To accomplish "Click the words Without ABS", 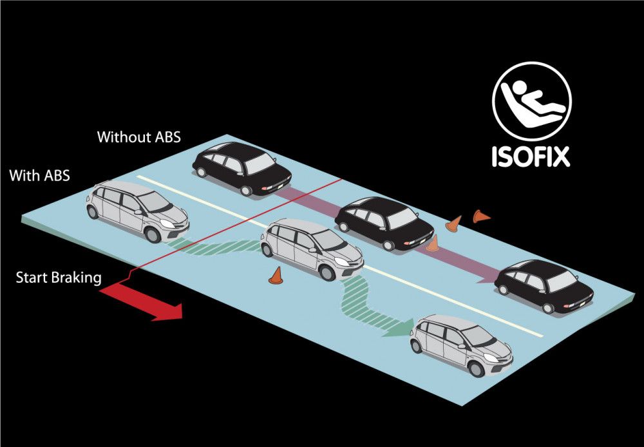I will (x=138, y=137).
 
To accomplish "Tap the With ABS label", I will (x=39, y=175).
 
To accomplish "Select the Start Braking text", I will (x=59, y=278).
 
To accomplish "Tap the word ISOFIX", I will (x=531, y=157).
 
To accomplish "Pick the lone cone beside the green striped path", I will (x=276, y=276).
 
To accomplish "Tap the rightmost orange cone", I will (x=480, y=216).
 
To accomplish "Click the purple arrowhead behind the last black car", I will (x=483, y=277).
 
